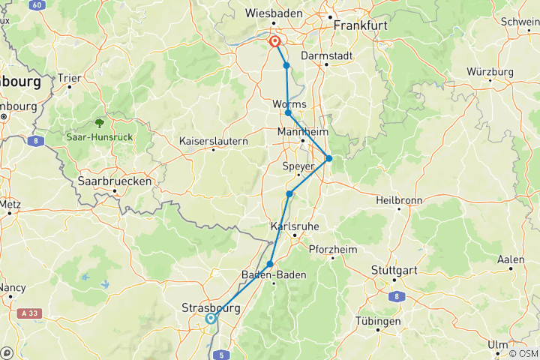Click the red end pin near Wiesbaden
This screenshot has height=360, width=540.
[x=275, y=42]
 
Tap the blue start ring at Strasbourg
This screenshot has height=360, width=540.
[x=211, y=319]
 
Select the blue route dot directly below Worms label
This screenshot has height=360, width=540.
[x=288, y=113]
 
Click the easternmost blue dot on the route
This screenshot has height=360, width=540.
[x=328, y=158]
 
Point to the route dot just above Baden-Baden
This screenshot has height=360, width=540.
[x=270, y=264]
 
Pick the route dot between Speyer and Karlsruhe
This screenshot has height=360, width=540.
[x=289, y=194]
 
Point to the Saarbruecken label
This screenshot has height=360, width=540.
[x=115, y=181]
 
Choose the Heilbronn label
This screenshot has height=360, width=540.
[x=400, y=199]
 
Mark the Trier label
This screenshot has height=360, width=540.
[x=70, y=77]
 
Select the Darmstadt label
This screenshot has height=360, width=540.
[x=325, y=55]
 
